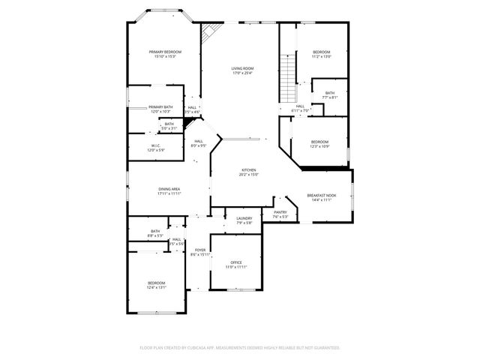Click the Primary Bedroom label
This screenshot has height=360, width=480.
point(165,53)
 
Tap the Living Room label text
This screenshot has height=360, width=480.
point(242,70)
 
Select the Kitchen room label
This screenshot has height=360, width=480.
point(249,172)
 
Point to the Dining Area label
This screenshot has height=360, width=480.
point(169,190)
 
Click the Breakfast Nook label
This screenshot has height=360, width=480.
point(321,196)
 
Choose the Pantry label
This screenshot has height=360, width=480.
point(280,214)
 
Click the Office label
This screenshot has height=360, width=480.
point(236,264)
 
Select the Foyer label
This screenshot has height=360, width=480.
point(200,251)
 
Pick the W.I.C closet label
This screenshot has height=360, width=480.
point(155,147)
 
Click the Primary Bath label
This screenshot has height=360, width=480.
point(160,109)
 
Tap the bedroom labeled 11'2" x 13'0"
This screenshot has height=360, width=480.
point(322,53)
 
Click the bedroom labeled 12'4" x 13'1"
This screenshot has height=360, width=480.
point(156,284)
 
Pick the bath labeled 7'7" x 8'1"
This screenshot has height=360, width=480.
point(330,94)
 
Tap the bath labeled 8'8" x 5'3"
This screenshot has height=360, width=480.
point(155,233)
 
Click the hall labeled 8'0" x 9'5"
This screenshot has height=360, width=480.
point(199,142)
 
